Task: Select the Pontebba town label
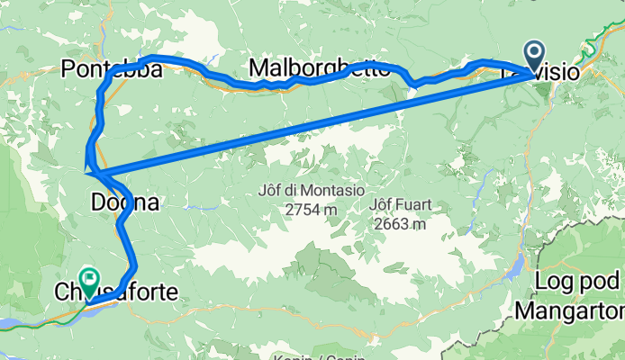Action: point(113,68)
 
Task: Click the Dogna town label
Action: point(125,203)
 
